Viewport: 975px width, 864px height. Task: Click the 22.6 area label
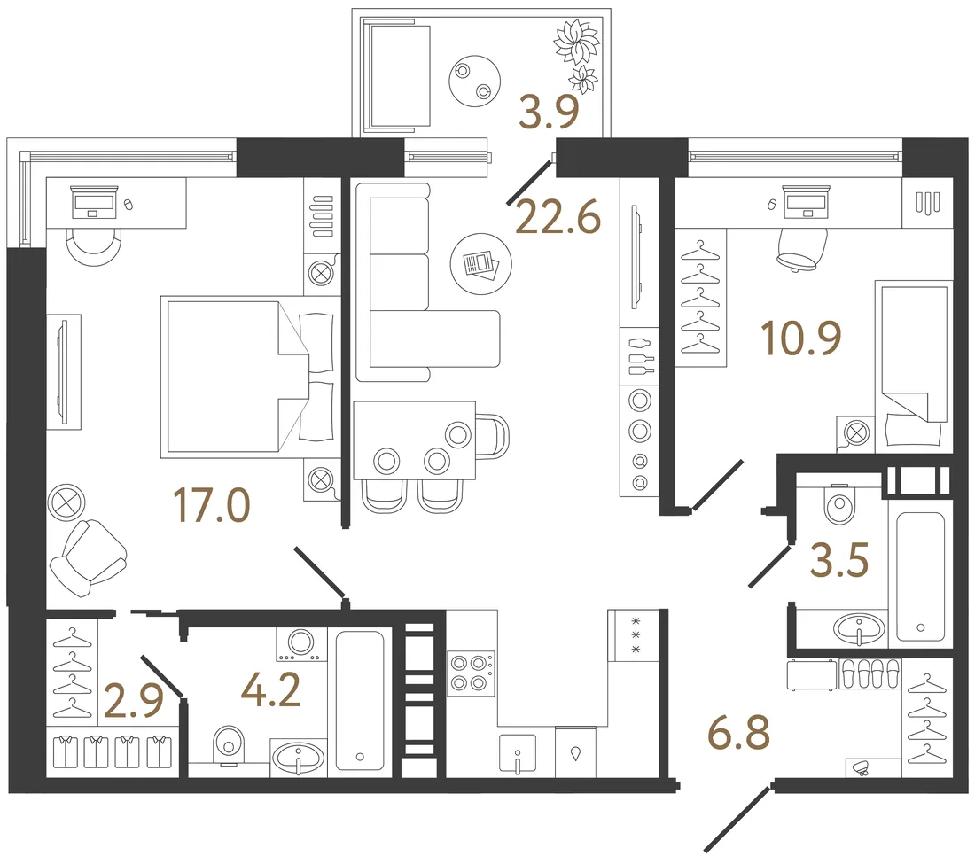558,217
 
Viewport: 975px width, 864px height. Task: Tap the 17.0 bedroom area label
212,505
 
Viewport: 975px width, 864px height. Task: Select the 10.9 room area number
801,339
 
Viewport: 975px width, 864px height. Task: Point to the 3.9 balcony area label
549,112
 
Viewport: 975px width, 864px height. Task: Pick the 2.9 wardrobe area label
134,700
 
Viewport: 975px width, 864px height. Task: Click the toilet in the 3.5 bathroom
839,502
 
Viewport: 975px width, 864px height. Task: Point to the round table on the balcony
474,81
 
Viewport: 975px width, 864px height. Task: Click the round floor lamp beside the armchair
66,502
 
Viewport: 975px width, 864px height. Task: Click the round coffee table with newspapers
480,264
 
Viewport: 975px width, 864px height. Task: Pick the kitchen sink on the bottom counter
518,755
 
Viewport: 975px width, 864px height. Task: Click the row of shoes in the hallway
870,673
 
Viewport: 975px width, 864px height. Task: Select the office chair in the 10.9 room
802,249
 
